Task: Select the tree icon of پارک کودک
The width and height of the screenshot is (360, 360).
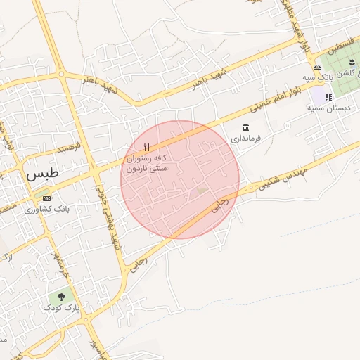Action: point(62,297)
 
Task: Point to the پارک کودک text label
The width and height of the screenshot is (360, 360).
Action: point(62,308)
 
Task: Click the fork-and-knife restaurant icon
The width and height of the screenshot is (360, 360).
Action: point(146,146)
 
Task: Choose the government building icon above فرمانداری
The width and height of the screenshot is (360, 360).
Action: point(245,127)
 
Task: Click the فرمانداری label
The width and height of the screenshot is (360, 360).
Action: point(245,139)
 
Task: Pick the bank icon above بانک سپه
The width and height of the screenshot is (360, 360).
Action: point(318,67)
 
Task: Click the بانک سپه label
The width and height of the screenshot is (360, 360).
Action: point(318,77)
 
